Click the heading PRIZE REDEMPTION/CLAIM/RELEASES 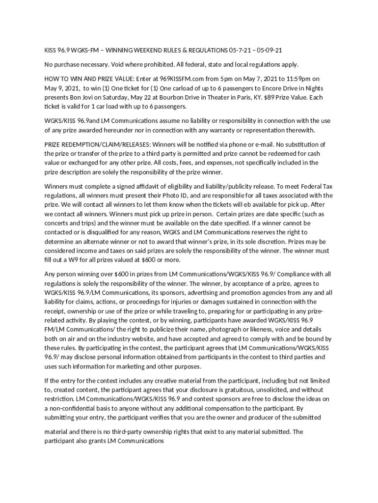tap(98, 144)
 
